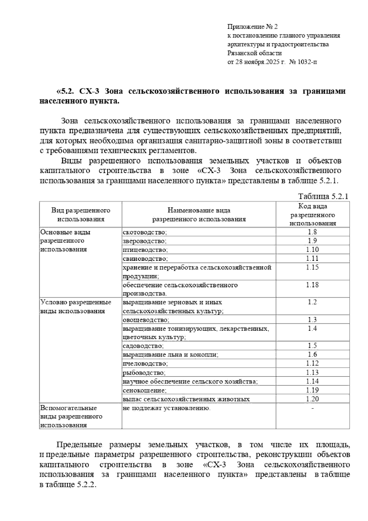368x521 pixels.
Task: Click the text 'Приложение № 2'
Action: (252, 27)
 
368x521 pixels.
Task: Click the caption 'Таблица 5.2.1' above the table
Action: (323, 196)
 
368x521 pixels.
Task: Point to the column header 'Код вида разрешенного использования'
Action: (312, 215)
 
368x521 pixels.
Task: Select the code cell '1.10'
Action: (312, 249)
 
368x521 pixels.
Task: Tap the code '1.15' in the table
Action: (312, 267)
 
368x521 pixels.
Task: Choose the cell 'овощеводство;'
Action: (146, 320)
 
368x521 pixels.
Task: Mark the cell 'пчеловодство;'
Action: (145, 364)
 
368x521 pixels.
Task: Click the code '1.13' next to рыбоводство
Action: (312, 372)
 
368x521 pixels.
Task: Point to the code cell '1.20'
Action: (312, 399)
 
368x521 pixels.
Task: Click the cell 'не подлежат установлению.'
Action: (167, 408)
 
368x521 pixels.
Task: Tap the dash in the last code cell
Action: (312, 408)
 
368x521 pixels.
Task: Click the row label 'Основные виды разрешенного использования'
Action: (65, 241)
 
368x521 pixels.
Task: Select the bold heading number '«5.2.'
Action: (65, 91)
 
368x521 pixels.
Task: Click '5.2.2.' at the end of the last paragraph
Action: (86, 493)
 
